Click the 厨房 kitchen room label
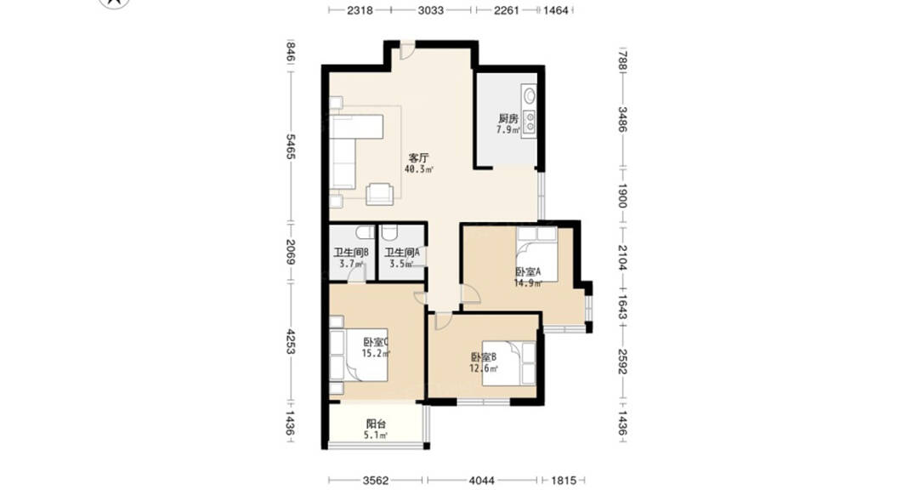[508, 118]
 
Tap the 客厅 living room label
[418, 158]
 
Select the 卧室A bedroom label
[528, 272]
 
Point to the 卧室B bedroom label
[484, 357]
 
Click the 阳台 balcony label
[376, 424]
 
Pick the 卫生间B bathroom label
[351, 253]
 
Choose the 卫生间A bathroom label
[402, 253]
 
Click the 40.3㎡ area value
[418, 169]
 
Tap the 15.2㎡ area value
[376, 353]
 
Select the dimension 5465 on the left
[291, 147]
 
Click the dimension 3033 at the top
[430, 10]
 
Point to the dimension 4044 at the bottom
[481, 481]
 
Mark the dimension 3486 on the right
[622, 119]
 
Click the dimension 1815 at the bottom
[563, 481]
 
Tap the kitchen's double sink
[530, 122]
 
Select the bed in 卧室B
[508, 363]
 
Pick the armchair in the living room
[380, 194]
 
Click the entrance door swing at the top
[407, 51]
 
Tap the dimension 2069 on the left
[291, 253]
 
